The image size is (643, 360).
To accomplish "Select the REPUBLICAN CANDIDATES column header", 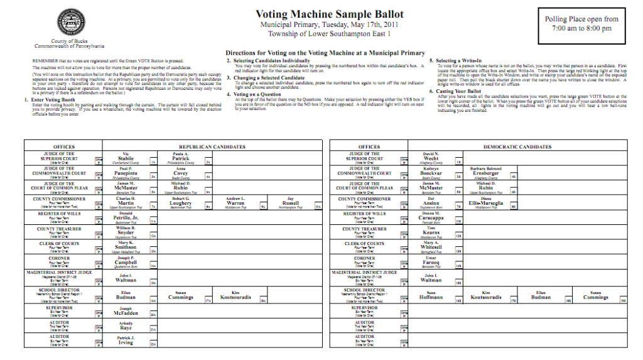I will (x=215, y=146).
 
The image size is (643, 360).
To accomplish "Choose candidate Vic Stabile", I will (x=127, y=158).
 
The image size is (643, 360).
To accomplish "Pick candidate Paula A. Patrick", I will (x=180, y=158).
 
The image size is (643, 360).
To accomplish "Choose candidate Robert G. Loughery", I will (x=180, y=202).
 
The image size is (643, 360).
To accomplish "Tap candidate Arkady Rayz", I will (x=127, y=325).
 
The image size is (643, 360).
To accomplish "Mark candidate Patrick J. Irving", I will (x=127, y=340).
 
